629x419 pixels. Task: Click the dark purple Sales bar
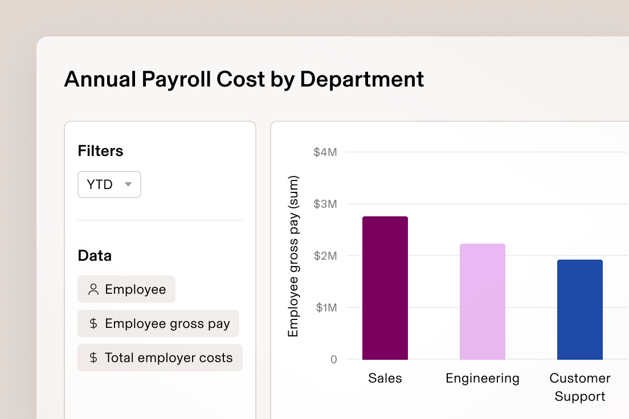(385, 288)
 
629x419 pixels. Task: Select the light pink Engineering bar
(483, 302)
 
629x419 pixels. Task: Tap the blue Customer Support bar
(579, 310)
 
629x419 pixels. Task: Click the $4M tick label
(325, 153)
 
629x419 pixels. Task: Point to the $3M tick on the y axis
(325, 204)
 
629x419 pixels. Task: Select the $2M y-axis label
(325, 256)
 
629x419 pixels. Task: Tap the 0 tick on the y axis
(333, 360)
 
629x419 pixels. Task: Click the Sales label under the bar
(385, 379)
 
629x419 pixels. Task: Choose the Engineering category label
(483, 379)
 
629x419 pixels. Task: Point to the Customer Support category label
(579, 387)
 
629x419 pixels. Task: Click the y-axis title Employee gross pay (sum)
(293, 256)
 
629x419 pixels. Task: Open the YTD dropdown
(109, 184)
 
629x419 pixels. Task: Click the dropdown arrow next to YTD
(128, 184)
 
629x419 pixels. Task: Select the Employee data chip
(126, 289)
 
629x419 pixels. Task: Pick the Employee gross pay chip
(158, 323)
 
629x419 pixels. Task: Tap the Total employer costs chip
(160, 358)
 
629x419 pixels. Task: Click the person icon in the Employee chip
(93, 289)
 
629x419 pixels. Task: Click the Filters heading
(100, 151)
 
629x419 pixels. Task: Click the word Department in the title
(362, 79)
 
